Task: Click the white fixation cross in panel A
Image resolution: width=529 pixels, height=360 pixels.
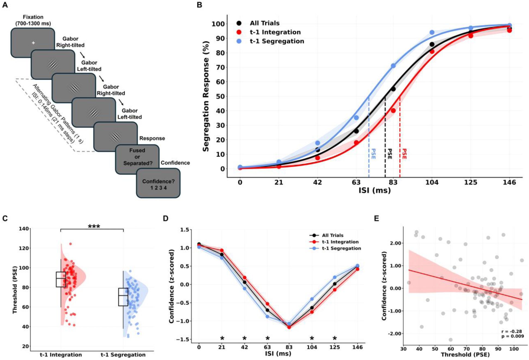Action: pos(33,43)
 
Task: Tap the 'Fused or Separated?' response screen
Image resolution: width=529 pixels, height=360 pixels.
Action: pos(137,157)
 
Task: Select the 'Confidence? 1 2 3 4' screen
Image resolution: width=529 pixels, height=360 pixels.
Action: pos(158,184)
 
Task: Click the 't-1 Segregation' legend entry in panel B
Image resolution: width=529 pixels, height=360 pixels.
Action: pos(277,41)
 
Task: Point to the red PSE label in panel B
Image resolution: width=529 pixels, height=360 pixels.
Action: pos(404,154)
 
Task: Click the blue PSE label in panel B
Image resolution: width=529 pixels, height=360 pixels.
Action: pos(373,154)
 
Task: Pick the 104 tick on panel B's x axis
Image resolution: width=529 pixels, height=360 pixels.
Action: pos(432,182)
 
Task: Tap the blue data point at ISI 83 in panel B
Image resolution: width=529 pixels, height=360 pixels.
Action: pos(393,66)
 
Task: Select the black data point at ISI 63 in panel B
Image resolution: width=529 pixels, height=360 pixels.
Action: pos(356,131)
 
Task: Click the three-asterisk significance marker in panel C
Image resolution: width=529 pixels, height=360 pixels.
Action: pos(94,226)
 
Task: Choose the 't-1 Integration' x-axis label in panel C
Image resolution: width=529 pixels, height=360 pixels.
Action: pos(61,355)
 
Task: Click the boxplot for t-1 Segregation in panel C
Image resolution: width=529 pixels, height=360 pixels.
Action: pos(123,297)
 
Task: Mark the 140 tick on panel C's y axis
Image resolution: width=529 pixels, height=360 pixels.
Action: pos(24,229)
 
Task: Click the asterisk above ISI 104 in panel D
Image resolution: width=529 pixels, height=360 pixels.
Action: pos(312,338)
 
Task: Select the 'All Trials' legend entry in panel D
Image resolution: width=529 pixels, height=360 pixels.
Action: pos(332,235)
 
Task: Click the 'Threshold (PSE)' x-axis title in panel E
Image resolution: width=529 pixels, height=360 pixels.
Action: pos(465,355)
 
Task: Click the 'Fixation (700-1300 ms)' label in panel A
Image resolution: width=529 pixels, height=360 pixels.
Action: pos(33,20)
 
